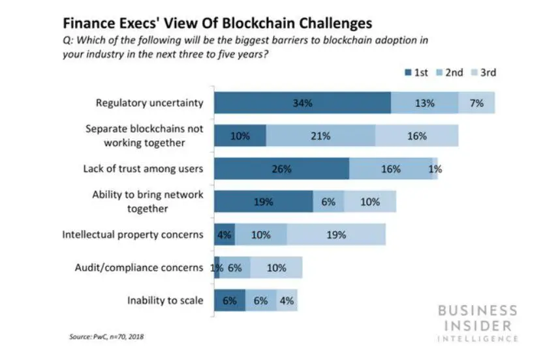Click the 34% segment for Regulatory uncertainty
tap(302, 103)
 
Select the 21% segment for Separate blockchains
tap(320, 136)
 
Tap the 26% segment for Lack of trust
tap(281, 169)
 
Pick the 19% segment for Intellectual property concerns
tap(335, 235)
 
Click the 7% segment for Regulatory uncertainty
tap(476, 103)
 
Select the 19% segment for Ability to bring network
tap(263, 202)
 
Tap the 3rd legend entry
tap(482, 72)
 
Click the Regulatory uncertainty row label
tap(149, 103)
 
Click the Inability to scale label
tap(166, 301)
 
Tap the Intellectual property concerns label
tap(133, 235)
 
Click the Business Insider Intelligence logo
tap(477, 322)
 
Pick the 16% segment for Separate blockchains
tap(416, 136)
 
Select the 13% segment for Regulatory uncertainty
tap(424, 103)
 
